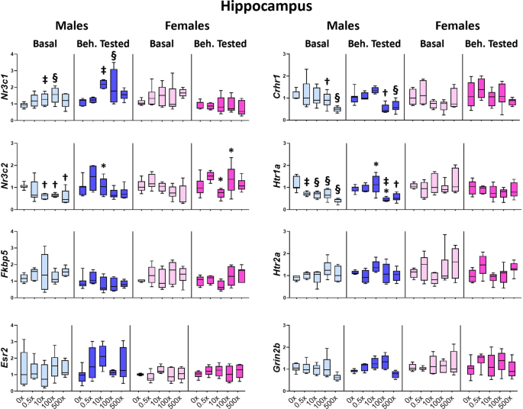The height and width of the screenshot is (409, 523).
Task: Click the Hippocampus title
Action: (x=262, y=8)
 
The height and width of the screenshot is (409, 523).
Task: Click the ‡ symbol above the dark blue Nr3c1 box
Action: (x=103, y=69)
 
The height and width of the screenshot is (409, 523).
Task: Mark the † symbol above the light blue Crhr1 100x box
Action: (x=327, y=82)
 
